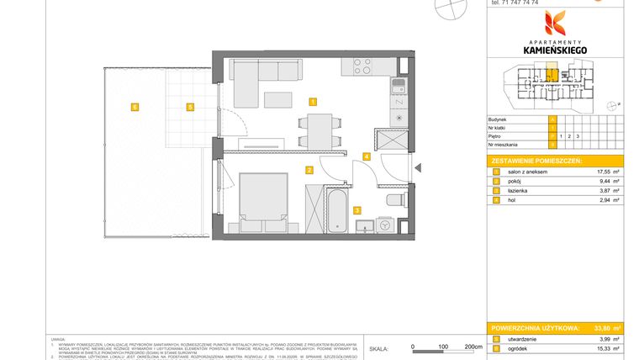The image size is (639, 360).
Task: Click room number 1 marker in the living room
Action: (313, 102)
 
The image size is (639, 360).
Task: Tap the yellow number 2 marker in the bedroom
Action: (309, 171)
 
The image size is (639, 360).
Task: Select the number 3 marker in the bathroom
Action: (356, 210)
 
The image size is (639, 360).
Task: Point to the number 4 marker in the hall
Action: (367, 156)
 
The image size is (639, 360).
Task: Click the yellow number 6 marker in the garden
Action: (134, 107)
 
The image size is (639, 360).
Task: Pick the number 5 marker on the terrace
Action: (191, 107)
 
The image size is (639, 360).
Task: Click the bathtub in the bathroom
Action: (335, 211)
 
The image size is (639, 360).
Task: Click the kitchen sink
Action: (397, 84)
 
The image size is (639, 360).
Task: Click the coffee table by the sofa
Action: (280, 100)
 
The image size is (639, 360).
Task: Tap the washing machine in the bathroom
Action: (385, 225)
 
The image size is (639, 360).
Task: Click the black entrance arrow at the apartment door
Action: (411, 167)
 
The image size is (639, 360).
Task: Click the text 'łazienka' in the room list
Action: (518, 191)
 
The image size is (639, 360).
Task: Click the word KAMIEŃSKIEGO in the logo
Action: (555, 50)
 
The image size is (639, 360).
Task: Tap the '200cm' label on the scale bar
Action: (473, 346)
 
